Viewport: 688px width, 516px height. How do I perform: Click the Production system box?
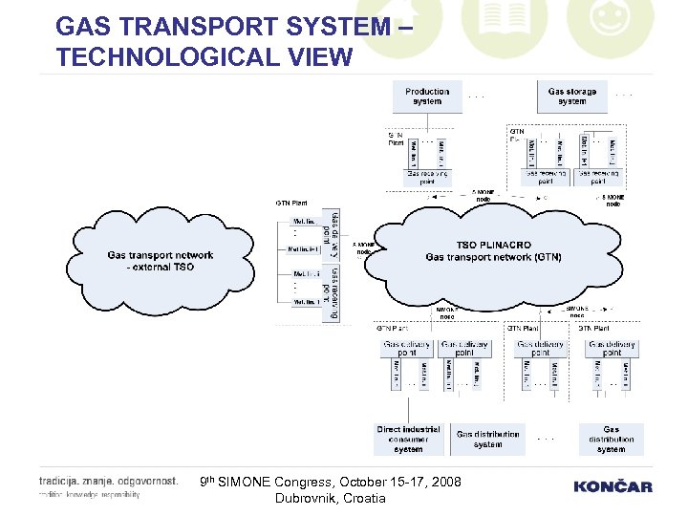click(427, 97)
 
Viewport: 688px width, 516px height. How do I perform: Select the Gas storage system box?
click(571, 97)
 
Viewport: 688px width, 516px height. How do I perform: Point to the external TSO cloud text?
click(160, 261)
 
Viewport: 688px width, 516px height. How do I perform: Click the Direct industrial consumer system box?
click(409, 440)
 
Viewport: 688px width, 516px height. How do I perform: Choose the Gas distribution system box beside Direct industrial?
click(487, 439)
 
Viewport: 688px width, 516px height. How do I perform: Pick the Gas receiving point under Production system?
click(427, 178)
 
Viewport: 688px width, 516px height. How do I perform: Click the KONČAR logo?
click(613, 486)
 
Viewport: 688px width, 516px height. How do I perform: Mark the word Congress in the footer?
click(316, 483)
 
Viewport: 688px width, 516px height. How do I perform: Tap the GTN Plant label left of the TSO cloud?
click(291, 203)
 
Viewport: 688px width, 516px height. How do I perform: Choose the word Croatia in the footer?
click(365, 498)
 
